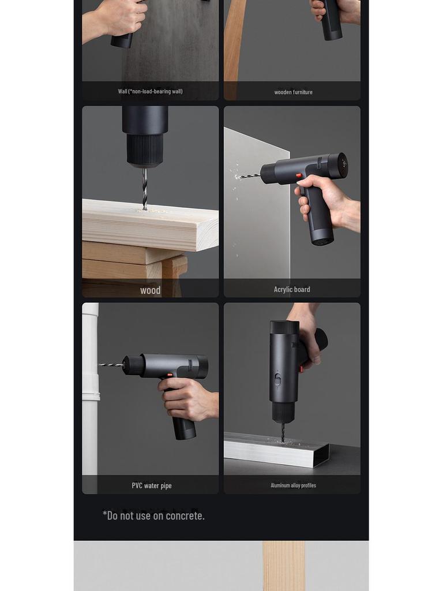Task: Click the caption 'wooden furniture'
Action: click(293, 92)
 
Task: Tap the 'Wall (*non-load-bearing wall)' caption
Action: click(150, 91)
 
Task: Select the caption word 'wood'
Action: click(150, 290)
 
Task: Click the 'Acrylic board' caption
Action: click(292, 289)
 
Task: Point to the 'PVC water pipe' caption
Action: click(152, 485)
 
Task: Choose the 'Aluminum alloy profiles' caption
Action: click(293, 485)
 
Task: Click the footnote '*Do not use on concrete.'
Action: click(153, 515)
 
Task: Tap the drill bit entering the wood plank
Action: click(145, 188)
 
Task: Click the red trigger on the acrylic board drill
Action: click(298, 175)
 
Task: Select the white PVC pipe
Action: click(90, 392)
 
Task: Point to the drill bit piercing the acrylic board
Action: click(249, 175)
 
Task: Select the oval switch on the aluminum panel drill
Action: click(277, 379)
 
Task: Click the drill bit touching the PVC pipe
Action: click(110, 365)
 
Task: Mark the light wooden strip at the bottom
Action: click(283, 566)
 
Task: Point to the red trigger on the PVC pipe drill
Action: click(170, 376)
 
